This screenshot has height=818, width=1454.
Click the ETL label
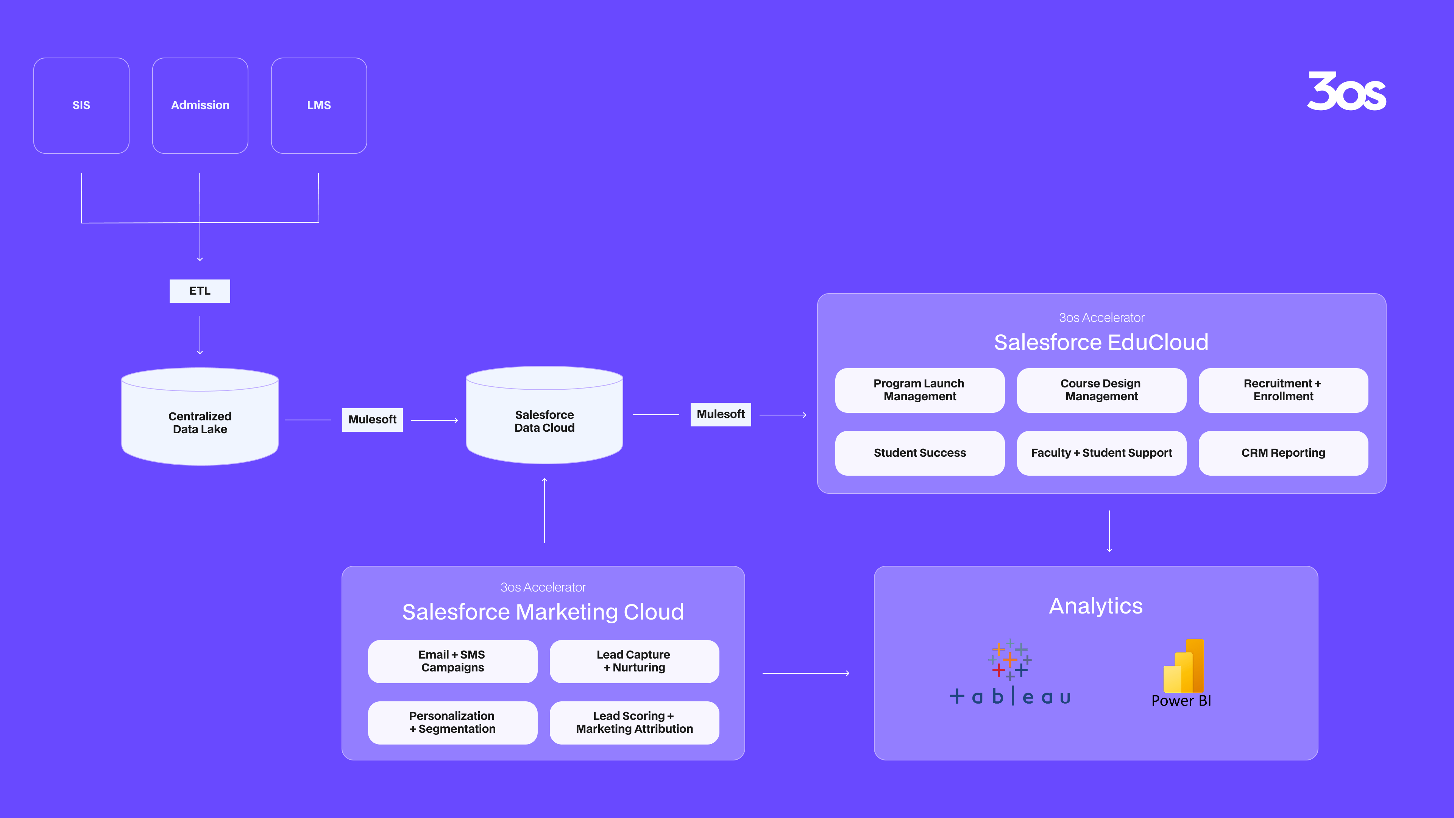(x=200, y=291)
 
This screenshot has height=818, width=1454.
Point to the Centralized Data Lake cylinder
(x=200, y=417)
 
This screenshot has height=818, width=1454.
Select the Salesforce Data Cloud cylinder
(x=544, y=415)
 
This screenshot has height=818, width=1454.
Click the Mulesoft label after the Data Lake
(x=373, y=420)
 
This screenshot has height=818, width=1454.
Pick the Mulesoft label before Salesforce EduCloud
(x=721, y=414)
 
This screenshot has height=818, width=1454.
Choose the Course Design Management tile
(x=1101, y=390)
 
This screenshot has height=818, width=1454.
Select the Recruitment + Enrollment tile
(x=1283, y=390)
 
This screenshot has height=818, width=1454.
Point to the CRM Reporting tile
(x=1283, y=453)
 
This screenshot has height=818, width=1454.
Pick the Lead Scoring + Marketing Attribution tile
(x=635, y=723)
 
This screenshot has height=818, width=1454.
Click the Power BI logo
(x=1181, y=673)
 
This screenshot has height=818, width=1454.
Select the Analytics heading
(x=1095, y=606)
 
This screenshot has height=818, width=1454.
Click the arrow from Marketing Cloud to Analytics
(x=806, y=673)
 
